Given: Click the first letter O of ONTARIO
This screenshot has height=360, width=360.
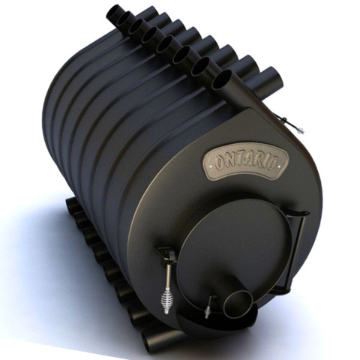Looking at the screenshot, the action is [x=220, y=163].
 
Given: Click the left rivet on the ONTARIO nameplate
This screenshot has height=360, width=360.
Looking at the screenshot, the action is [x=210, y=166].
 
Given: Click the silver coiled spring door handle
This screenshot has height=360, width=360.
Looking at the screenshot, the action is [x=165, y=301].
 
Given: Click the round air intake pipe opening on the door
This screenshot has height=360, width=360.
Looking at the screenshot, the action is [x=238, y=304].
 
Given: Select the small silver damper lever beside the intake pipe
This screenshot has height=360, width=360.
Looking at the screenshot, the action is [x=209, y=307].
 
